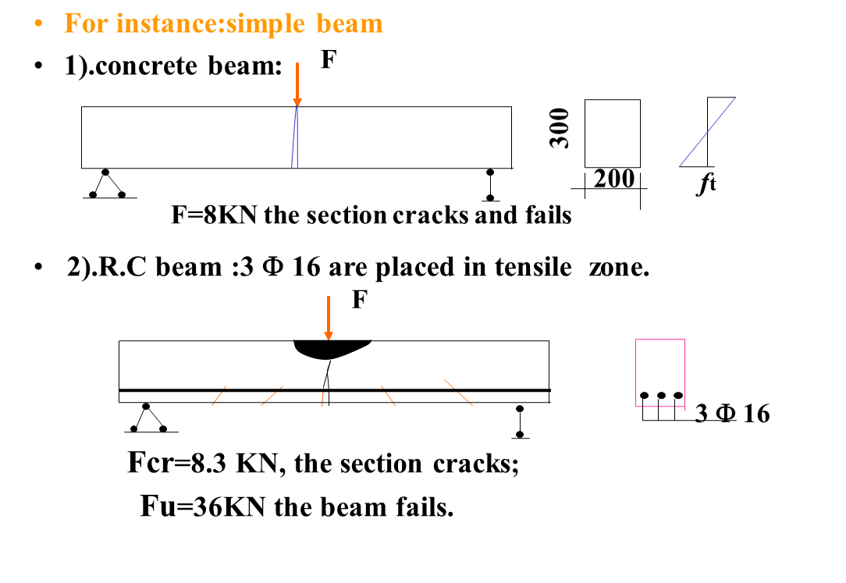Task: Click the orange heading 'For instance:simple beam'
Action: point(223,23)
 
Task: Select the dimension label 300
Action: point(560,128)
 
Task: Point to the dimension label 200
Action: point(614,179)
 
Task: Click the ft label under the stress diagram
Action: point(708,184)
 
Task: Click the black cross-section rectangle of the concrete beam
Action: point(613,133)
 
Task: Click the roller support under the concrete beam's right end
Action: point(490,184)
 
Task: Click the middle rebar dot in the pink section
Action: point(661,396)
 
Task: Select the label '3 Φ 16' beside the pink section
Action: point(732,414)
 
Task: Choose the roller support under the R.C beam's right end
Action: point(520,421)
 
